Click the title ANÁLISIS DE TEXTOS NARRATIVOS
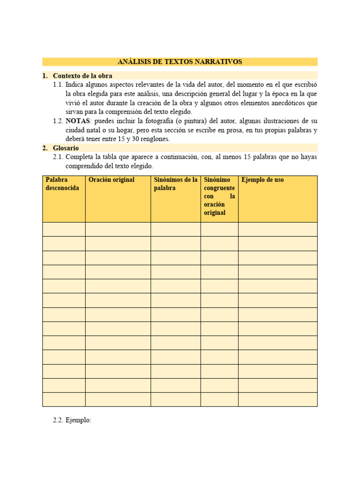tap(180, 62)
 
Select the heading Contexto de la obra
tap(82, 75)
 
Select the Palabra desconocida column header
tap(63, 184)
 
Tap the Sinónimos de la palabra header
tap(175, 184)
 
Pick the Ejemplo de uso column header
tap(262, 180)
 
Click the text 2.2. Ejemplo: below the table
tap(72, 420)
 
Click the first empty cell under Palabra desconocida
tap(64, 229)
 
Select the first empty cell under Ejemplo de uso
tap(277, 229)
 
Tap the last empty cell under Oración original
tap(118, 399)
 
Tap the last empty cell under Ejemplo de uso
tap(277, 399)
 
